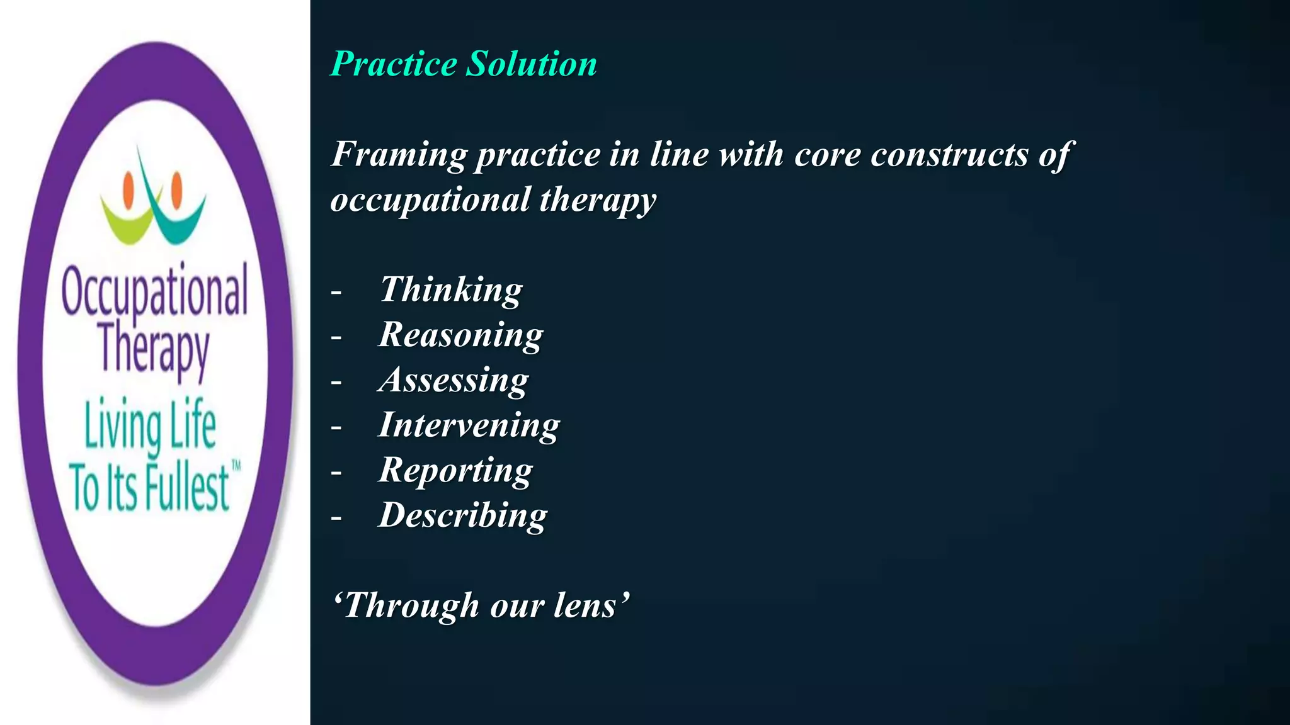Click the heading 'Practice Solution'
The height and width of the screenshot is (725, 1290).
464,64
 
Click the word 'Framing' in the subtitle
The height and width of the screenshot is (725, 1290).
399,155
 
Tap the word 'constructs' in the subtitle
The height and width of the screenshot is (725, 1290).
949,155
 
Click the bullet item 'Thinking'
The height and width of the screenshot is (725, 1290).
451,290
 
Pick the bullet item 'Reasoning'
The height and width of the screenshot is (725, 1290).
460,335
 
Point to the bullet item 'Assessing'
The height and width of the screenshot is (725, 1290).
454,380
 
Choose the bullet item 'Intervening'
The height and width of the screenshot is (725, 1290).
469,425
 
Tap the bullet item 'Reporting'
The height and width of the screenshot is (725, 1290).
455,471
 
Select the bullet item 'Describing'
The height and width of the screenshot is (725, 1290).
463,515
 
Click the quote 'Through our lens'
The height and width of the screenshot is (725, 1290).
481,605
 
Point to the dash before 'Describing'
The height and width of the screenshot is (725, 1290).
336,518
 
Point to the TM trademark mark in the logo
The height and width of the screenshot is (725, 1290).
236,466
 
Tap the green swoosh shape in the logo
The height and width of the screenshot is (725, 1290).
126,222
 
